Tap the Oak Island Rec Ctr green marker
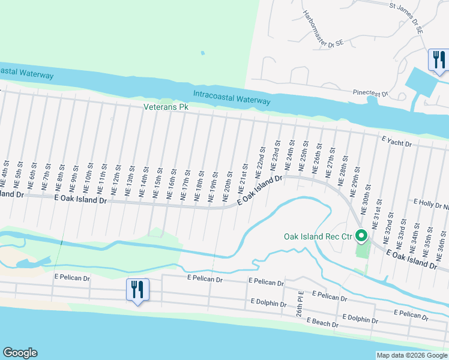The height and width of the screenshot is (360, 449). [x=361, y=236]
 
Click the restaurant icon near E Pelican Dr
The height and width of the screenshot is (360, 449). [x=137, y=290]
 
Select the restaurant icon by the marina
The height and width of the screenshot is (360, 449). [x=439, y=59]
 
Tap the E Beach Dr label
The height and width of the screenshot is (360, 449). [x=323, y=322]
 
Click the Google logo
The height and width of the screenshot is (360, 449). [x=20, y=353]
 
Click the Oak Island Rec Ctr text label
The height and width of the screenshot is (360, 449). [x=317, y=236]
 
